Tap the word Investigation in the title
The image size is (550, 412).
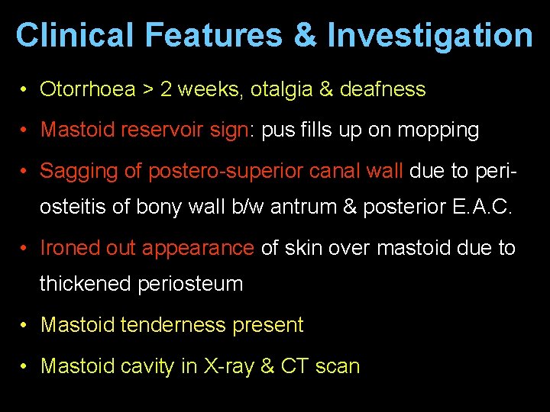430,35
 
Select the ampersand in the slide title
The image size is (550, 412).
307,35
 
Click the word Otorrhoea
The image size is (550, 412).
88,89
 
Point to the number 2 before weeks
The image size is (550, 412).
167,89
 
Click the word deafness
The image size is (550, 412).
383,89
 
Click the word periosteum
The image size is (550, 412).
191,284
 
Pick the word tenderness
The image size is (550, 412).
166,325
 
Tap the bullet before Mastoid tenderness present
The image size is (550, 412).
25,325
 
